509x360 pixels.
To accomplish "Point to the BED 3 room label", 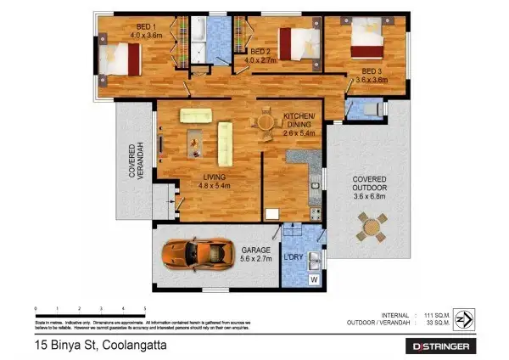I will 374,76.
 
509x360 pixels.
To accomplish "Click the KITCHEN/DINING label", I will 299,124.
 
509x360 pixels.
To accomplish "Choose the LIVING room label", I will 213,180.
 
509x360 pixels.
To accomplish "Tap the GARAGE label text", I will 255,255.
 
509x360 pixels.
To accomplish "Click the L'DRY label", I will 294,258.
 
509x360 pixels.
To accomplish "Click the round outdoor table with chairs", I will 371,225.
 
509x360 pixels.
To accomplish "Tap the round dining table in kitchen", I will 266,124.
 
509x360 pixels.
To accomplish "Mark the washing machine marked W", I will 314,278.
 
